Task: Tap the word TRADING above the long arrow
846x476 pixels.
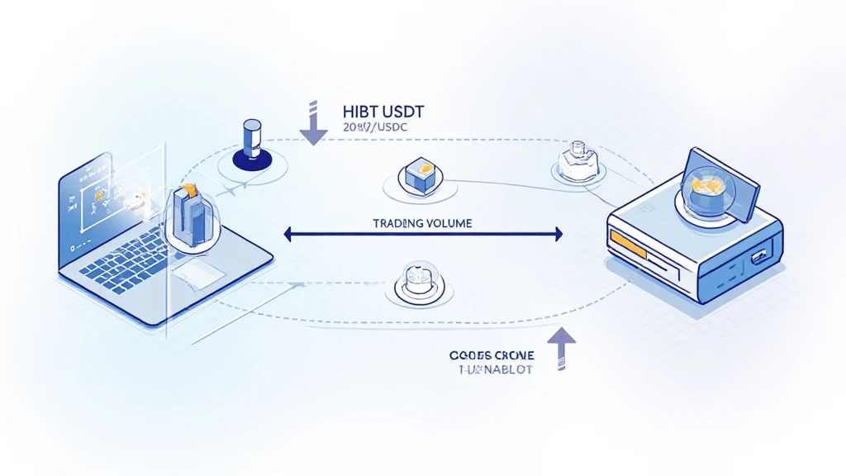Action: [398, 223]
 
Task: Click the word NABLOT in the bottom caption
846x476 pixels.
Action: [503, 369]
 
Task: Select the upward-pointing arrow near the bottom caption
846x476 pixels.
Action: [561, 348]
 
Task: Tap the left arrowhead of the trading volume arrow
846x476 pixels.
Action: [288, 235]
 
